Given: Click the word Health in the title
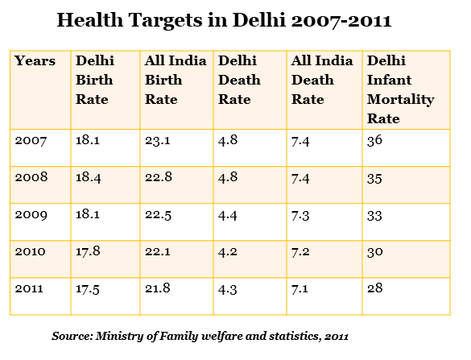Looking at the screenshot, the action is point(90,20).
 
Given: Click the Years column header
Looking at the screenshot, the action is point(35,60).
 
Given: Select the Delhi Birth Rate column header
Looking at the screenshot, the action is point(95,80).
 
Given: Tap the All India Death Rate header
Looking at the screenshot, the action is point(322,80).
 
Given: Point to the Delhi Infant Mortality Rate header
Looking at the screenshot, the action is point(401,89).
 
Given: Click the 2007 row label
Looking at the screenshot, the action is point(31,140).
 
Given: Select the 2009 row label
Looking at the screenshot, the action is point(31,214).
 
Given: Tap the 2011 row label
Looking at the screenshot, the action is point(29,288).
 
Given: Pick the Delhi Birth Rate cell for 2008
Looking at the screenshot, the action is point(89,177).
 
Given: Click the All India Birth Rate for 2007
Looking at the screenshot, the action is point(158,140).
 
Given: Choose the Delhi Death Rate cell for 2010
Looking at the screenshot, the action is point(228,251).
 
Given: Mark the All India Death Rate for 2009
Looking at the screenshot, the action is point(300,215).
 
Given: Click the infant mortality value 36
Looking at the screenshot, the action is point(374,140).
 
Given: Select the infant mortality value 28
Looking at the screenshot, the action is point(375,288).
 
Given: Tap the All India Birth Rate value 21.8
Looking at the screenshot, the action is point(158,288).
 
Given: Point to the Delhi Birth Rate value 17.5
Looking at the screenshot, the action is point(88,289).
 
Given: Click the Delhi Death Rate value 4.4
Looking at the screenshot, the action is point(228,215).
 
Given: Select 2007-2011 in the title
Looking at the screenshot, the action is point(341,20).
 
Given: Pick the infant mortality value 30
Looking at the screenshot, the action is point(375,251).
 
